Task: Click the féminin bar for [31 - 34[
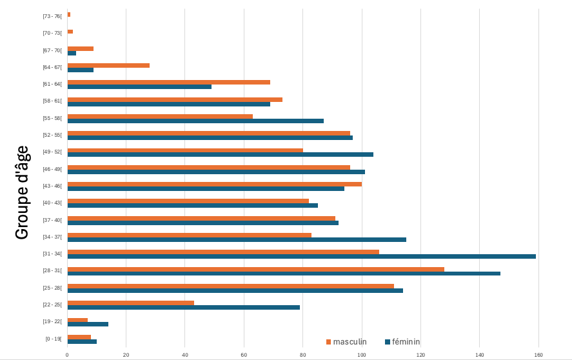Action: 301,256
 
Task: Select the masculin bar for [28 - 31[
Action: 255,269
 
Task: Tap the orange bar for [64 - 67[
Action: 108,65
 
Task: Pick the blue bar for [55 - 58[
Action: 195,121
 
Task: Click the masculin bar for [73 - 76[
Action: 69,14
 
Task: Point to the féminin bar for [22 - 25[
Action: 183,308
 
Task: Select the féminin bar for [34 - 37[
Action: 237,239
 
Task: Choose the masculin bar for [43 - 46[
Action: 214,184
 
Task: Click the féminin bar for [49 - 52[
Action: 220,154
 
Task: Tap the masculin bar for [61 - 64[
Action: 168,82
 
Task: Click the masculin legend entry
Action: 346,342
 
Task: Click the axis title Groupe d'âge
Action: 22,192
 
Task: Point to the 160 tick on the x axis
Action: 538,355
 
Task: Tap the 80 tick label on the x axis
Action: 303,355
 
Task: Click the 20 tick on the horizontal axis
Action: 126,355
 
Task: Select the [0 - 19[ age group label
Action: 54,339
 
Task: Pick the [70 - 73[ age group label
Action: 52,33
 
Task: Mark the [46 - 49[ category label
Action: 52,169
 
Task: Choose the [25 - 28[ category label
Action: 52,288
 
